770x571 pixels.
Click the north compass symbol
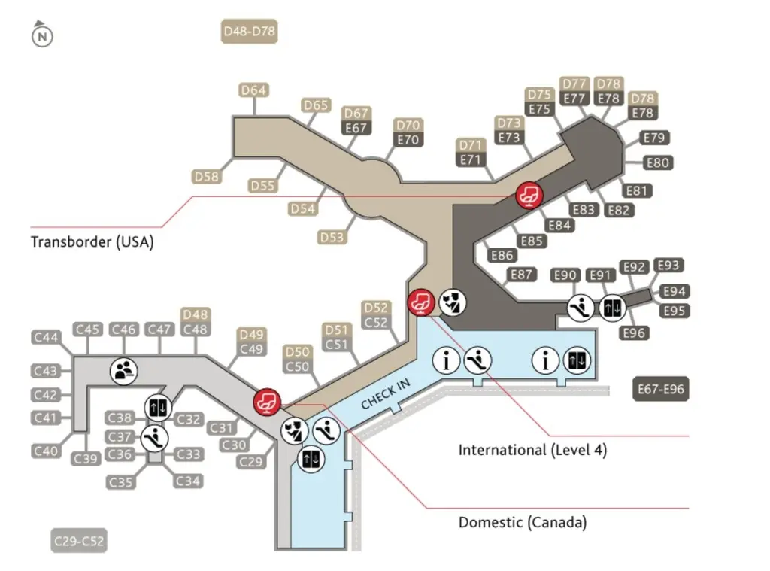pyautogui.click(x=42, y=35)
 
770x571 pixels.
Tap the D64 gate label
pyautogui.click(x=254, y=90)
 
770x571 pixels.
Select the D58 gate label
pyautogui.click(x=207, y=176)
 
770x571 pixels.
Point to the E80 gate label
pyautogui.click(x=658, y=162)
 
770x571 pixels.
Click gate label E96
pyautogui.click(x=635, y=332)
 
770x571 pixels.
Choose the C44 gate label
pyautogui.click(x=46, y=338)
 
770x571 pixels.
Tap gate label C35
pyautogui.click(x=120, y=481)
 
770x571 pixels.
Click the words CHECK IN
pyautogui.click(x=386, y=394)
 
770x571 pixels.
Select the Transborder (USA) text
pyautogui.click(x=92, y=242)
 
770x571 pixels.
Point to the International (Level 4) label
pyautogui.click(x=532, y=450)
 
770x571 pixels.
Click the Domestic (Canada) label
pyautogui.click(x=523, y=522)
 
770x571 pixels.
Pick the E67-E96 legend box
pyautogui.click(x=659, y=389)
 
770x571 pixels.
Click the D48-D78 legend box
pyautogui.click(x=250, y=32)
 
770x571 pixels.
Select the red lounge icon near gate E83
pyautogui.click(x=527, y=195)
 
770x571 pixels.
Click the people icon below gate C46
pyautogui.click(x=124, y=369)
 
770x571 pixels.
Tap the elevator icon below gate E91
pyautogui.click(x=611, y=307)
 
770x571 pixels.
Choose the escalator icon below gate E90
pyautogui.click(x=579, y=308)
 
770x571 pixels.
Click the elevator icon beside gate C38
pyautogui.click(x=159, y=406)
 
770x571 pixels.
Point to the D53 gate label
pyautogui.click(x=332, y=238)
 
